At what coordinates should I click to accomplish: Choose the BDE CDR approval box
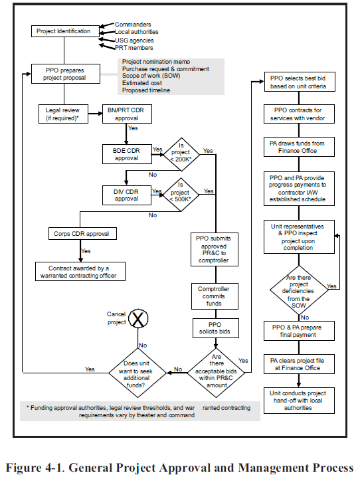click(x=126, y=153)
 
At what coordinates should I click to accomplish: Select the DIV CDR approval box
click(x=126, y=195)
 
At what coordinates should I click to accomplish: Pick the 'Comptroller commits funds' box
click(x=214, y=296)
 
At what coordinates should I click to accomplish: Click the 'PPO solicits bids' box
click(x=214, y=327)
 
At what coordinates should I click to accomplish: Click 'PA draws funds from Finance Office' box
click(x=298, y=147)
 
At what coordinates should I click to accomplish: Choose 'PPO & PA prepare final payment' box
click(x=298, y=331)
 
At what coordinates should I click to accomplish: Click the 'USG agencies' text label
click(x=135, y=40)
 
